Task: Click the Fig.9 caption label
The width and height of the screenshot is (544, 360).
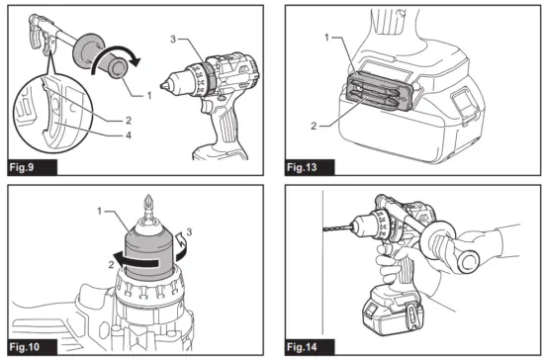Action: (x=28, y=165)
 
